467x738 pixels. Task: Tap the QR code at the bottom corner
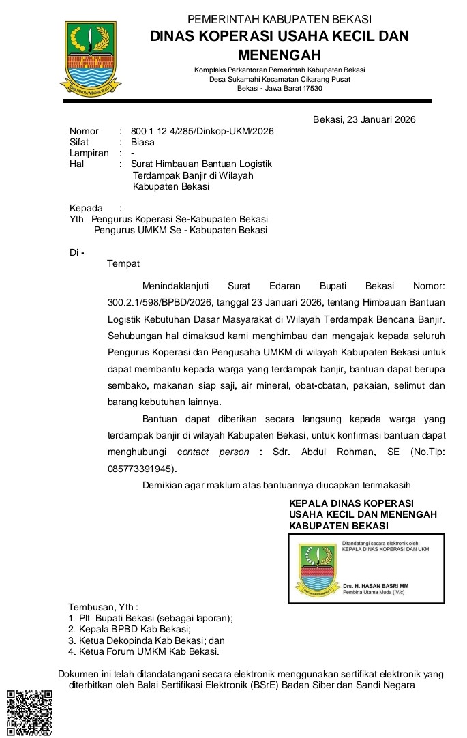tap(29, 713)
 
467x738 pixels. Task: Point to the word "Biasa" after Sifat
tap(142, 143)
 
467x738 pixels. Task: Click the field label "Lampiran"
tap(89, 153)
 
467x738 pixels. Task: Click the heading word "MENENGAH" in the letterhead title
tap(280, 54)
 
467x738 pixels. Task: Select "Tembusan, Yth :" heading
tap(103, 607)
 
